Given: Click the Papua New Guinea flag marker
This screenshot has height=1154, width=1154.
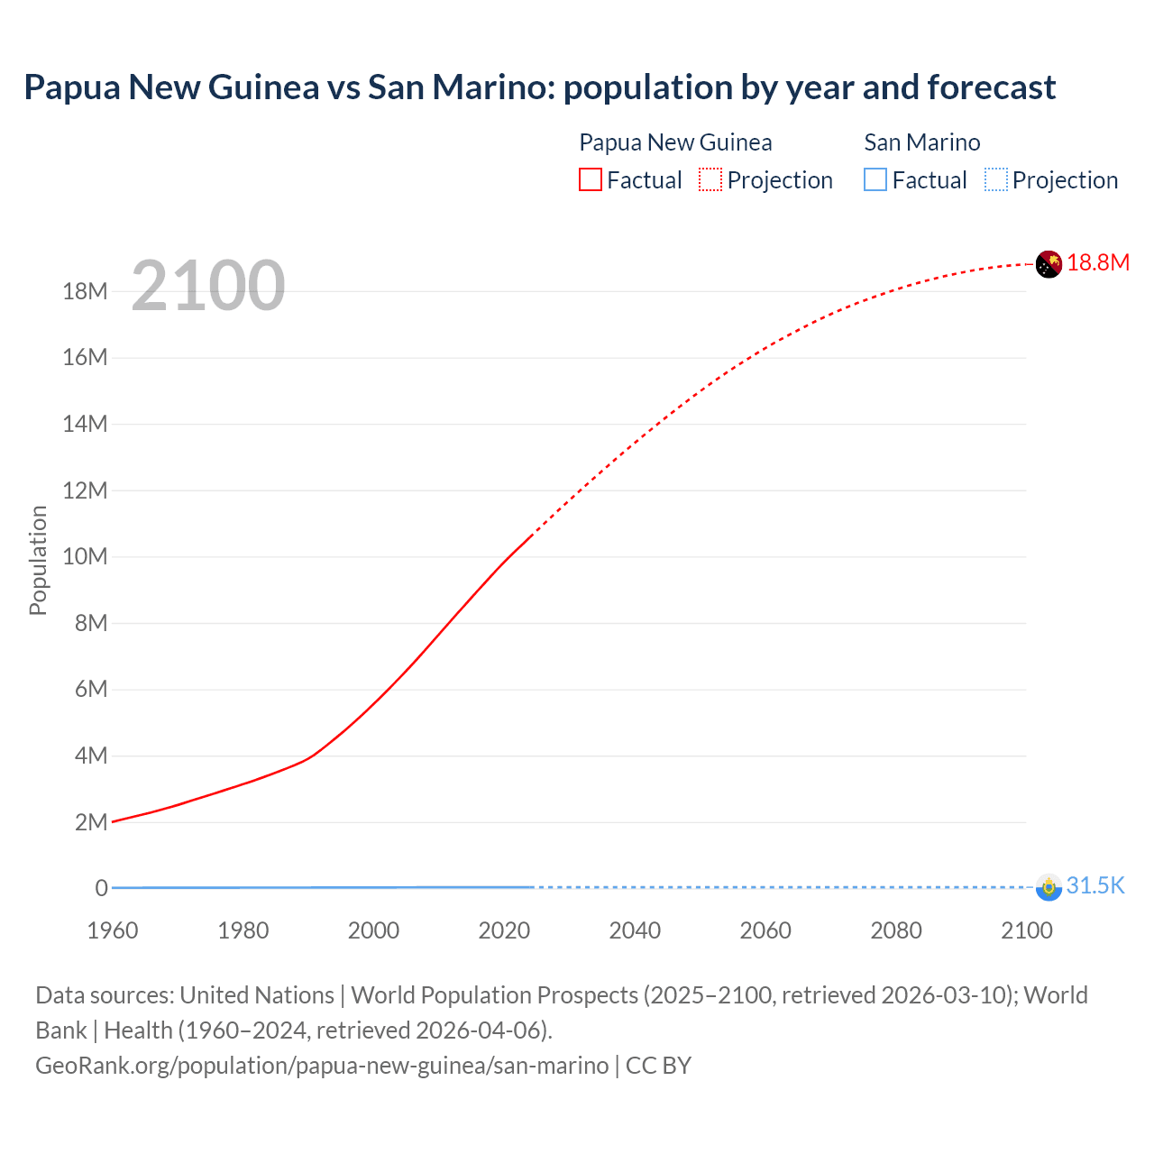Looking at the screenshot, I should (1049, 264).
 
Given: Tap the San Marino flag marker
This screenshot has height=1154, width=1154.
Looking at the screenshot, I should (1049, 887).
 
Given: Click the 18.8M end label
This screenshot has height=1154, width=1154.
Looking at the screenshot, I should (1097, 262).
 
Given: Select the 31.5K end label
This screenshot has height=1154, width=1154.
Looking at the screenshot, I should (1095, 885).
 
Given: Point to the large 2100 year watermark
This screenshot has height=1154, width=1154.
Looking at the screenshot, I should (208, 286).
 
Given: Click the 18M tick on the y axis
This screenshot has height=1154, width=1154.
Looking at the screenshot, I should (85, 291).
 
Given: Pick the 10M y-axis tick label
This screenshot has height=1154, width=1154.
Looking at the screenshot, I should (85, 556).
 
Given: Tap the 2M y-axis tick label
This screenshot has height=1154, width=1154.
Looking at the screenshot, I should (91, 822).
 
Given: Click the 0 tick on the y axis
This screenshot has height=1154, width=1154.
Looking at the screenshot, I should (102, 888).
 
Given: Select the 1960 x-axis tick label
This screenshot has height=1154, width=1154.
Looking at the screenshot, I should (113, 930).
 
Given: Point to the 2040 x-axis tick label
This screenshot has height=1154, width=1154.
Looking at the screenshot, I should (635, 930).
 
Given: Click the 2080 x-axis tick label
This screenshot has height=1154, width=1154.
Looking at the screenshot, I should (896, 930).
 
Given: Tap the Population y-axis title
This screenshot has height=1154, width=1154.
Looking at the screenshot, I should (38, 560).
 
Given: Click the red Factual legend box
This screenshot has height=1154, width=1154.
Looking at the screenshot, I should (591, 179).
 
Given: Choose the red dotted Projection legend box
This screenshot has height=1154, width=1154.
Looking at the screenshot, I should (710, 179).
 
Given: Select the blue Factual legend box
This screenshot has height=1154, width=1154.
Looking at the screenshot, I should (875, 179).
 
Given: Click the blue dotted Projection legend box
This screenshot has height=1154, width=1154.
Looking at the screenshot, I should (995, 179).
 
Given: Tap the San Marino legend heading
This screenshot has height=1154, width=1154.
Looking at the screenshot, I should (921, 142).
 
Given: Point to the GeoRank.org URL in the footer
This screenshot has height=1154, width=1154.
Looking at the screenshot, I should (322, 1066).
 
